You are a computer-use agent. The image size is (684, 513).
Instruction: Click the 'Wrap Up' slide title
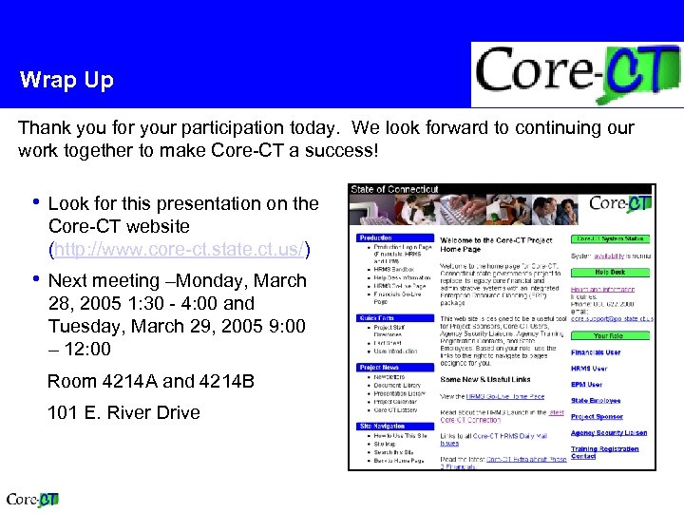pyautogui.click(x=66, y=80)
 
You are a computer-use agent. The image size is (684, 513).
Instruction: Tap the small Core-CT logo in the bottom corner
pyautogui.click(x=33, y=500)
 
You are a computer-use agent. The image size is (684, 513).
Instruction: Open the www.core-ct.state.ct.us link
pyautogui.click(x=180, y=250)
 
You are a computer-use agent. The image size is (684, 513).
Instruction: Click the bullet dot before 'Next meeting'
pyautogui.click(x=35, y=280)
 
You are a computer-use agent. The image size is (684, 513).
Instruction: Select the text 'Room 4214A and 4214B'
pyautogui.click(x=151, y=381)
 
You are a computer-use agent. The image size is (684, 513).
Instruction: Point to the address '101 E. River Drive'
pyautogui.click(x=123, y=412)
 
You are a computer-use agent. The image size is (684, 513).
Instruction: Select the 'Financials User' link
pyautogui.click(x=596, y=352)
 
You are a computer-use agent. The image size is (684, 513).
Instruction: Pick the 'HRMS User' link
pyautogui.click(x=588, y=369)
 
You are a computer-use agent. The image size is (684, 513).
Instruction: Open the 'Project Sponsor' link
pyautogui.click(x=597, y=417)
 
